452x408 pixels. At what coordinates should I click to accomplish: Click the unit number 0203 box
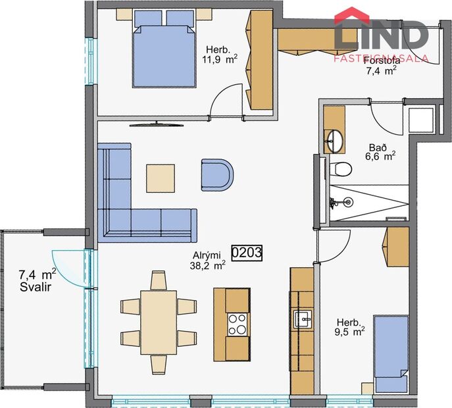pos(247,253)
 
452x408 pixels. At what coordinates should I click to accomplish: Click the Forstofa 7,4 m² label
pos(382,66)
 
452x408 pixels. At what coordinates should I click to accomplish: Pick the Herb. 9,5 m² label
pos(350,328)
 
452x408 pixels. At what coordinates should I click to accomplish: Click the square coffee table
pos(161,176)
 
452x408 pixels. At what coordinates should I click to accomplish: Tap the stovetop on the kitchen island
pos(238,323)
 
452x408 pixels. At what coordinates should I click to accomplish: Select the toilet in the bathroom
pos(341,168)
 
